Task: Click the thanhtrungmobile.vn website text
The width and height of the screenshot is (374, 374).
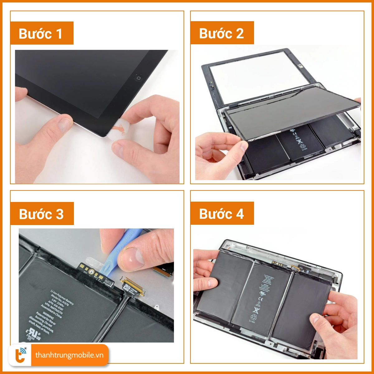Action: click(69, 355)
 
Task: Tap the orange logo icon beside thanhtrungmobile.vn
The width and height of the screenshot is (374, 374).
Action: click(21, 355)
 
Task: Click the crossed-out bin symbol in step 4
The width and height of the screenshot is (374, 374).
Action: click(256, 310)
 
